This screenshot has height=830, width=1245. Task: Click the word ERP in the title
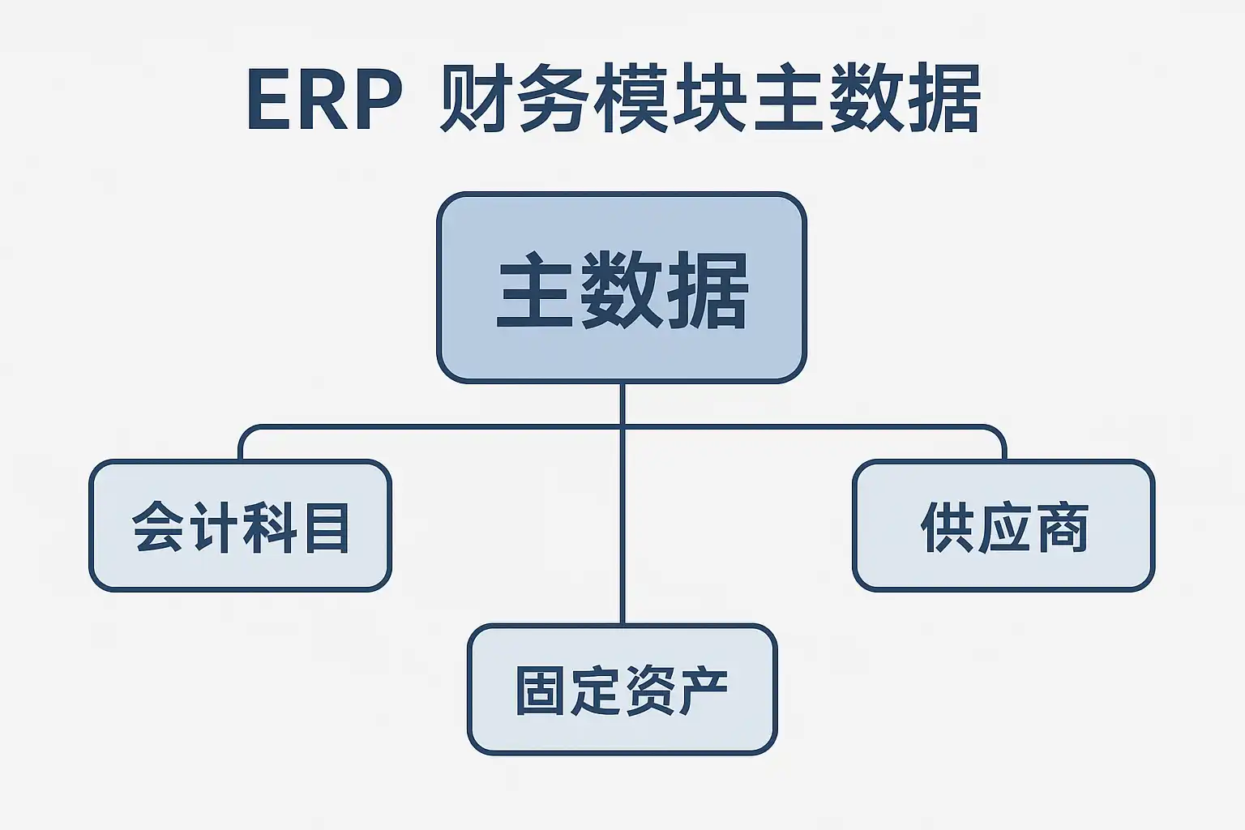click(324, 100)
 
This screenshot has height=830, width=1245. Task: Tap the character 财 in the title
click(474, 98)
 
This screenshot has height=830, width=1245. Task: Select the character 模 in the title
click(631, 98)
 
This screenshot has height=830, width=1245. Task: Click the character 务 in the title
click(552, 98)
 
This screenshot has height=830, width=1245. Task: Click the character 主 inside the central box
click(535, 289)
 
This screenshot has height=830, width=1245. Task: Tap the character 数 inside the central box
click(622, 289)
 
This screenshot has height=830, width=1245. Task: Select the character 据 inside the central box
click(708, 289)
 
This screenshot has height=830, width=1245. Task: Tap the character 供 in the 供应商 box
click(948, 527)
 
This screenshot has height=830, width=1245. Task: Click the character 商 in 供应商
click(1062, 527)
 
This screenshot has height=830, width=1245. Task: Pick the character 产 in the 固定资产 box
click(703, 690)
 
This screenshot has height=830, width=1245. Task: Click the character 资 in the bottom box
click(648, 690)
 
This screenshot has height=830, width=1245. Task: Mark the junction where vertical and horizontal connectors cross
click(622, 427)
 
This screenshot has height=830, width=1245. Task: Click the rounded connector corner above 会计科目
click(246, 434)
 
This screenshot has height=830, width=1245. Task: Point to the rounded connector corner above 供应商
click(999, 434)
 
